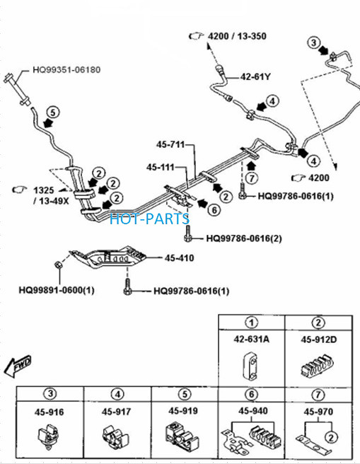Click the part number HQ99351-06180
(x=66, y=70)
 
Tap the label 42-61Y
(x=255, y=77)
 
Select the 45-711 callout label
(x=170, y=145)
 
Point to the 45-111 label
(x=161, y=167)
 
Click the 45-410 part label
(x=179, y=258)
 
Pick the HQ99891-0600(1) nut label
(x=57, y=290)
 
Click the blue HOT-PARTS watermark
(x=149, y=219)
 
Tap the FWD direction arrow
(x=18, y=366)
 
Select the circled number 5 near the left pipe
(x=53, y=112)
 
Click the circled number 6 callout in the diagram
(x=214, y=210)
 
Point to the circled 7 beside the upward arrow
(x=252, y=178)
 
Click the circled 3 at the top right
(x=314, y=42)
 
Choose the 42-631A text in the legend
(x=252, y=339)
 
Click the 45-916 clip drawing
(x=49, y=437)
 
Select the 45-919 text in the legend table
(x=183, y=411)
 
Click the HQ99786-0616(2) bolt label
(x=244, y=238)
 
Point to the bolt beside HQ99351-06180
(x=18, y=89)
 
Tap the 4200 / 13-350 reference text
(x=237, y=36)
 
